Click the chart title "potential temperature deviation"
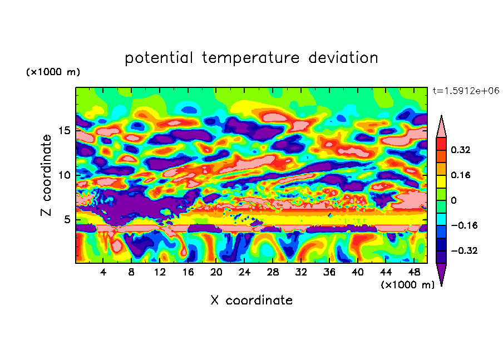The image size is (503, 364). (251, 58)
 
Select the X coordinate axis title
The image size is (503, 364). (251, 301)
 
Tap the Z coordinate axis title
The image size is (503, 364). (47, 175)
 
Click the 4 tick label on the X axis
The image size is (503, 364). (103, 272)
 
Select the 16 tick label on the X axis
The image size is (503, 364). (188, 272)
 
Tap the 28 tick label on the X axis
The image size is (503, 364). (273, 272)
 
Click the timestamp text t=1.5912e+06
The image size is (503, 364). (461, 90)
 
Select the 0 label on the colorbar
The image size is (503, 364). (454, 200)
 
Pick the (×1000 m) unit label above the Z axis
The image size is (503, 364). (53, 72)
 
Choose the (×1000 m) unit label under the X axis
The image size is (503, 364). (407, 285)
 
